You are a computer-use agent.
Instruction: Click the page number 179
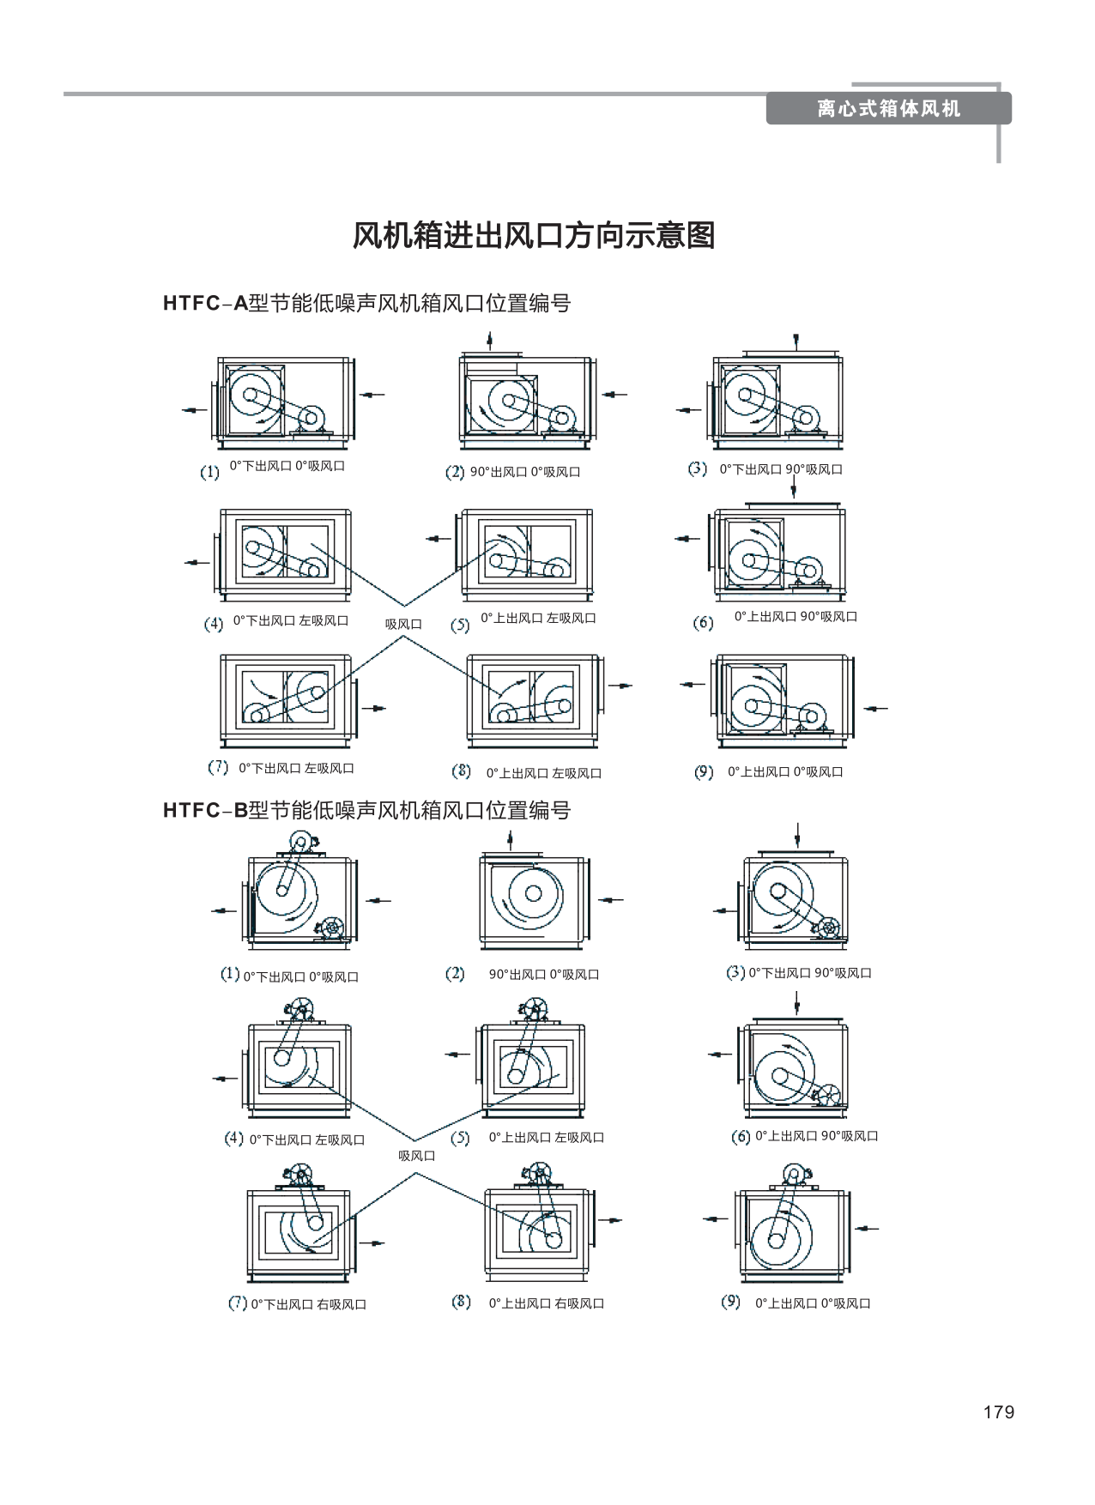(998, 1412)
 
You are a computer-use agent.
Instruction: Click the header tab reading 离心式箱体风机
(888, 109)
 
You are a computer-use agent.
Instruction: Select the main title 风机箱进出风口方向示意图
(533, 235)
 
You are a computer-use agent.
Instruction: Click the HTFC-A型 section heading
(366, 303)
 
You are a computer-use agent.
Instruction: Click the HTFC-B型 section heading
(366, 810)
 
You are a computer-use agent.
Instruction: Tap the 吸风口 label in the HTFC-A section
(403, 624)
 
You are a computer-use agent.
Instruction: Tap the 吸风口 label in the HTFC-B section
(416, 1156)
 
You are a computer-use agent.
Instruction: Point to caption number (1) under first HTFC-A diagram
(209, 472)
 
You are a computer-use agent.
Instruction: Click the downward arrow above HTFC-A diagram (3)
(797, 341)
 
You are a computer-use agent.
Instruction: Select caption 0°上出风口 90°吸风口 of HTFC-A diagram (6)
(796, 616)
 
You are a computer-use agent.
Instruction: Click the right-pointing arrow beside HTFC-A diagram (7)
(375, 708)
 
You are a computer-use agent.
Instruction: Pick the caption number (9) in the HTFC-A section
(704, 772)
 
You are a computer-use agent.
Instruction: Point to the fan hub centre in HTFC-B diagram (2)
(533, 893)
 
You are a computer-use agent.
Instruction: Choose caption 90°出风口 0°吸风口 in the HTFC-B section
(544, 974)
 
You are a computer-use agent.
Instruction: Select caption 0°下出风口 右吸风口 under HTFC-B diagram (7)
(309, 1304)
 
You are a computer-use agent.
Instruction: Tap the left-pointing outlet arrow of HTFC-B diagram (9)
(715, 1218)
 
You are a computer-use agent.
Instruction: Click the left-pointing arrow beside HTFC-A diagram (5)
(439, 539)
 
